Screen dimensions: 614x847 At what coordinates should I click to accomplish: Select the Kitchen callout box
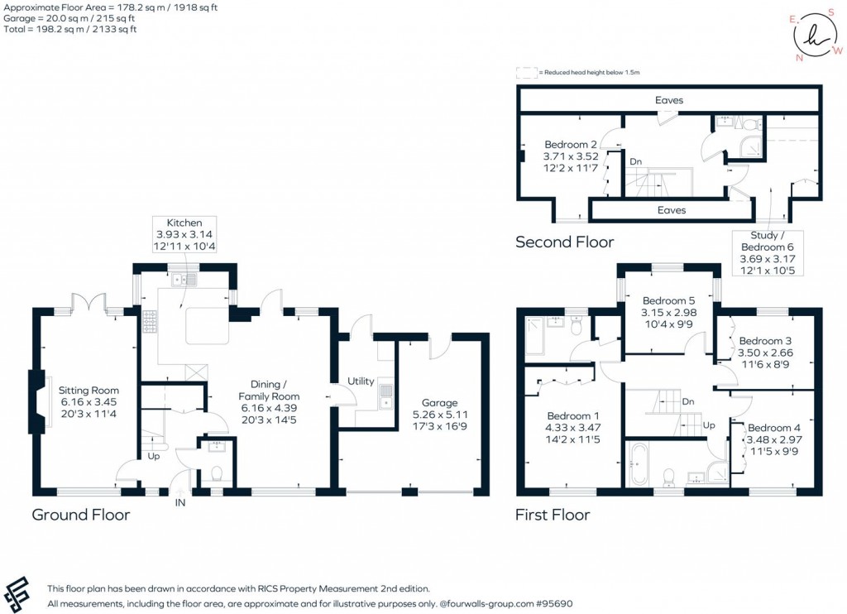pos(184,236)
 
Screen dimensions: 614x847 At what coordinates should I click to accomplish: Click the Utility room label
pos(362,381)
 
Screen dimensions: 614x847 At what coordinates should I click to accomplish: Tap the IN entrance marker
pos(180,501)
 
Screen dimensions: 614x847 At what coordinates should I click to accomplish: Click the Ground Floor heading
pos(80,515)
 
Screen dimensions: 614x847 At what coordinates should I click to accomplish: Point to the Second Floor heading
pos(564,242)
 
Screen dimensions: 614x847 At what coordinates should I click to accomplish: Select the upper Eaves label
pos(669,100)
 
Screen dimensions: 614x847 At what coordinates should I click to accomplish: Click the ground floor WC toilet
pos(216,474)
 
